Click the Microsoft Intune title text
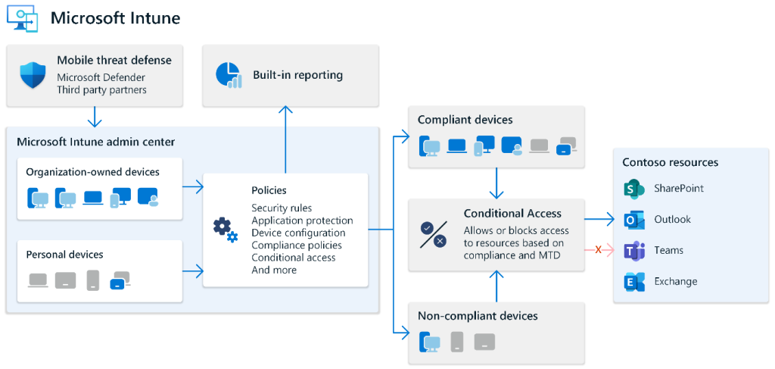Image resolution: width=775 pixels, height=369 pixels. point(115,17)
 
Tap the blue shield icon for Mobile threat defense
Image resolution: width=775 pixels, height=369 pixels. point(32,74)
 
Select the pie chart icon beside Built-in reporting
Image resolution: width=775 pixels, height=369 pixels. point(228,74)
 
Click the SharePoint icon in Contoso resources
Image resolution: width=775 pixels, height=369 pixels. point(633,189)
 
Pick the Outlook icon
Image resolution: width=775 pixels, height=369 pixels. point(633,220)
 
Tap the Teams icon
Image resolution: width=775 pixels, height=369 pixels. point(633,251)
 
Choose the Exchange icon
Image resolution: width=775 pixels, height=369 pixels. point(633,282)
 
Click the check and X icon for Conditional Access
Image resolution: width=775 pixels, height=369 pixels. point(433,234)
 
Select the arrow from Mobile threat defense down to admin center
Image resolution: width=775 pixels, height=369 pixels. point(95,117)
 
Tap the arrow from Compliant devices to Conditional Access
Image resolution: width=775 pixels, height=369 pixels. point(496,183)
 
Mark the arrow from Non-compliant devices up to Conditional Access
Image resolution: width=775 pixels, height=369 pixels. point(496,286)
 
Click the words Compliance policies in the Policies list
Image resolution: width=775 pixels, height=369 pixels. point(297,245)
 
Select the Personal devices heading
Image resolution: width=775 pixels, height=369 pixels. point(64,255)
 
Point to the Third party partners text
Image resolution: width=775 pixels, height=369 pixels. point(101,89)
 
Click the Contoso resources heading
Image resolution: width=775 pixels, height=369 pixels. point(670,162)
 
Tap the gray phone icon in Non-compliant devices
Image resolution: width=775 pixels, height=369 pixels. point(457,342)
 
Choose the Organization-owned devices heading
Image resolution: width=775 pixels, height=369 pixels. point(92,172)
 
